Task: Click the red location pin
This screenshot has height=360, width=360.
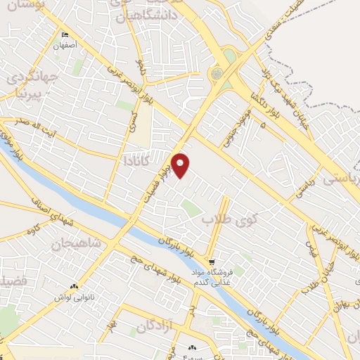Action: pyautogui.click(x=181, y=164)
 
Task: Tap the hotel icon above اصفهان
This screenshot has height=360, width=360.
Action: pyautogui.click(x=66, y=36)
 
